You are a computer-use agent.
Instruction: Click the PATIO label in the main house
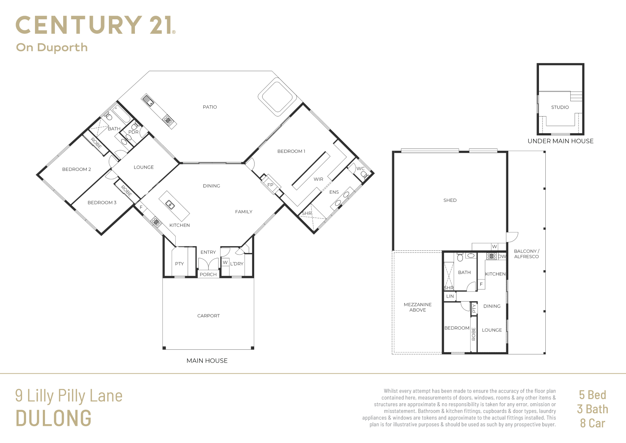[210, 107]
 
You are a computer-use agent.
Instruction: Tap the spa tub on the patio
[277, 97]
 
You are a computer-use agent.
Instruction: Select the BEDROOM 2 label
[76, 169]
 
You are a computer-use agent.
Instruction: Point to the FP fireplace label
[270, 185]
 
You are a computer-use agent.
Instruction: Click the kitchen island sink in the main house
[170, 205]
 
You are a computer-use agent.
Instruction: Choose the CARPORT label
[208, 316]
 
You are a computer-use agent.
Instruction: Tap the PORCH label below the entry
[208, 274]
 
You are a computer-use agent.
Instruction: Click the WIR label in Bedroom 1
[318, 179]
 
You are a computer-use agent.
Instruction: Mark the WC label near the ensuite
[360, 169]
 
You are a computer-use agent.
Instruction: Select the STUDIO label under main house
[560, 107]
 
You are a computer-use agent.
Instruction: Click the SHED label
[450, 200]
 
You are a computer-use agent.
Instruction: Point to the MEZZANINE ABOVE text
[418, 307]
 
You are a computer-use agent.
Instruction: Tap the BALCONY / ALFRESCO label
[526, 254]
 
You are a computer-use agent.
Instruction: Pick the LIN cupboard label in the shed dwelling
[450, 296]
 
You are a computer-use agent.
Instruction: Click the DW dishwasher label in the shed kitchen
[502, 256]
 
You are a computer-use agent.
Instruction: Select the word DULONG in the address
[54, 418]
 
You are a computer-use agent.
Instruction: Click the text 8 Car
[592, 423]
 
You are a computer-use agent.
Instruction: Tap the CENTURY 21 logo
[96, 25]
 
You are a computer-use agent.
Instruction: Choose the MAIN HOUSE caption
[207, 361]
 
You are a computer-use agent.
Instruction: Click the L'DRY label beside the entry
[237, 264]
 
